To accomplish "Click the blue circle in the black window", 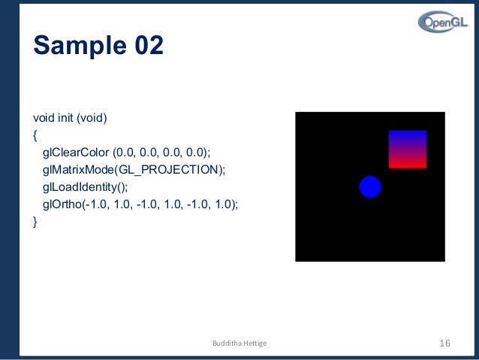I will click(370, 186).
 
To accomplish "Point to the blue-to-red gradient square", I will click(407, 149).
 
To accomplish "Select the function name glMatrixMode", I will click(75, 170).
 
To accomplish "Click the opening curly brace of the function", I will click(35, 136).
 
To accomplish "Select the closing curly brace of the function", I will click(35, 222).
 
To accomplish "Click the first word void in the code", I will click(44, 119).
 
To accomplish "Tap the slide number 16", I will click(443, 343).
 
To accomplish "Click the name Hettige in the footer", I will click(252, 344).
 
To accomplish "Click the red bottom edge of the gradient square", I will click(407, 165).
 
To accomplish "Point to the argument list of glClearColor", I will click(162, 153).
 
